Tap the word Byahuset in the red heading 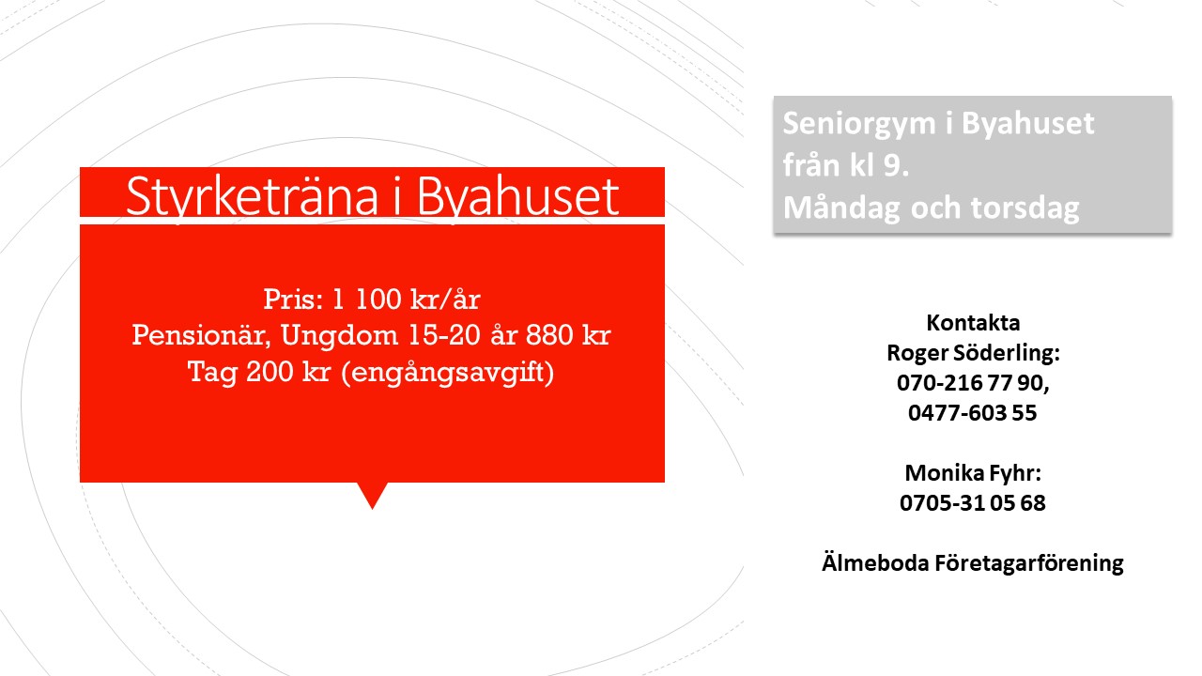[x=517, y=197]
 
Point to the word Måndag [x=841, y=207]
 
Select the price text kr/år [x=445, y=299]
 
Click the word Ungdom [x=339, y=336]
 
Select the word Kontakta [x=973, y=323]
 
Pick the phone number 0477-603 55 [x=972, y=413]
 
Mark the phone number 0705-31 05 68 [x=972, y=503]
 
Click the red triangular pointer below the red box [x=373, y=493]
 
